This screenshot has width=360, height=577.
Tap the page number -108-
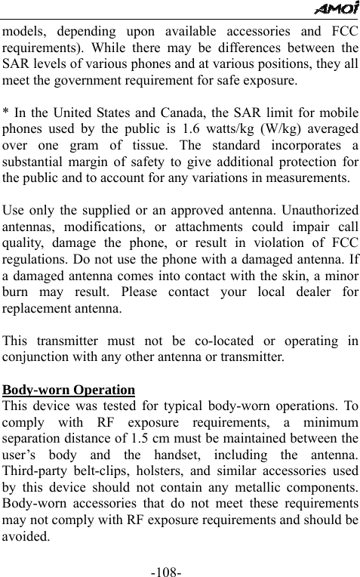(x=165, y=565)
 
